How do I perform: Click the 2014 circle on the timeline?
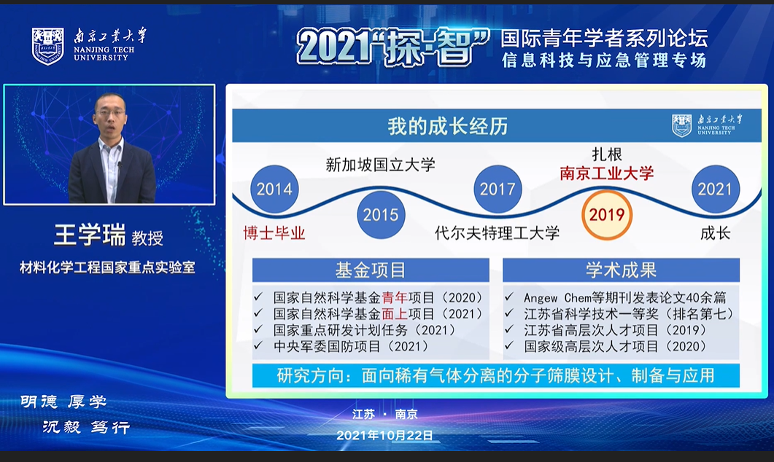coord(274,189)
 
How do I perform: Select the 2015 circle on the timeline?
coord(381,214)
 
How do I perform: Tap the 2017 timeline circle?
coord(498,189)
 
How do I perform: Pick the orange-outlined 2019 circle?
coord(607,214)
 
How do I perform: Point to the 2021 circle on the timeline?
coord(715,189)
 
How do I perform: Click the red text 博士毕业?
coord(274,232)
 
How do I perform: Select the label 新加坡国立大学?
coord(380,165)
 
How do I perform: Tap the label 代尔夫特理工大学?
coord(497,232)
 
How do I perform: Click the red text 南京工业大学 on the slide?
coord(607,173)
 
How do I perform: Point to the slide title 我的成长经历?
coord(447,126)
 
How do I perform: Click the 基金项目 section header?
coord(371,270)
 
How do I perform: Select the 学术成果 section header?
coord(621,270)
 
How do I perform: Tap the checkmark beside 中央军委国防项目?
coord(258,345)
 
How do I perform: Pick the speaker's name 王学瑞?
coord(90,235)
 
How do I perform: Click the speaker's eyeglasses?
coord(110,113)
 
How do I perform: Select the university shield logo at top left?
coord(48,47)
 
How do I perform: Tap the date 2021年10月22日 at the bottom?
coord(384,435)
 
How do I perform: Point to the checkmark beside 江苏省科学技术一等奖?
coord(509,313)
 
